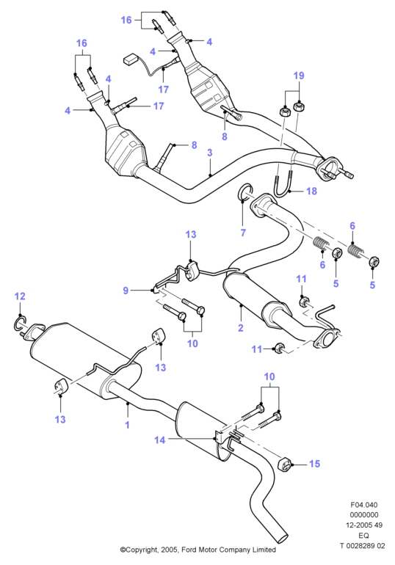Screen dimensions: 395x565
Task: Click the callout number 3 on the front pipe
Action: pyautogui.click(x=210, y=153)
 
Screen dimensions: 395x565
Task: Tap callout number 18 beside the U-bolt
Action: pyautogui.click(x=311, y=191)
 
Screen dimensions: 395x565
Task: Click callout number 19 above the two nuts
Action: pyautogui.click(x=299, y=76)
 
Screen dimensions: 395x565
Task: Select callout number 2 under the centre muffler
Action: pyautogui.click(x=241, y=327)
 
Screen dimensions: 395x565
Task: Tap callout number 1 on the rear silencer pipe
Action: pyautogui.click(x=127, y=425)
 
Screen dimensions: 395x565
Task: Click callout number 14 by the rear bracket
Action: pyautogui.click(x=159, y=440)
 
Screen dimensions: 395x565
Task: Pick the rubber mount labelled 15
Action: pyautogui.click(x=285, y=464)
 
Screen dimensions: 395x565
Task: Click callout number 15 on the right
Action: pyautogui.click(x=315, y=464)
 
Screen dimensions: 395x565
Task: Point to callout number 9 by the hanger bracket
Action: pyautogui.click(x=126, y=291)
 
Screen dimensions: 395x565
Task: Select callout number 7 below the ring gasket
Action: pyautogui.click(x=243, y=233)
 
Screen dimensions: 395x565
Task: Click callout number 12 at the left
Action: pyautogui.click(x=20, y=296)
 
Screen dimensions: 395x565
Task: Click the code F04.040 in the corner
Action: pyautogui.click(x=364, y=505)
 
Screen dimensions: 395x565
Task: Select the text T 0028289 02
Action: pyautogui.click(x=362, y=545)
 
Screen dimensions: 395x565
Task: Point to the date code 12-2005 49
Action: pyautogui.click(x=364, y=525)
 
